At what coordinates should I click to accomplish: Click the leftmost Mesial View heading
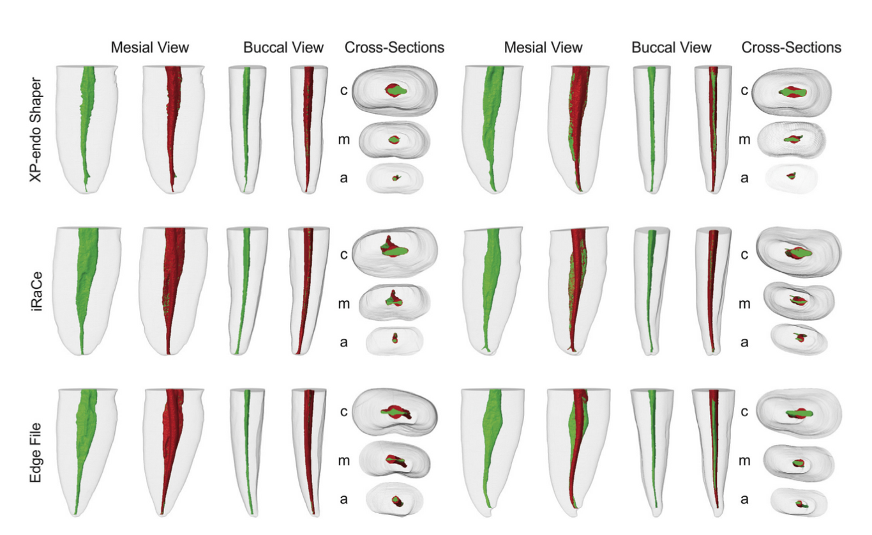(x=149, y=47)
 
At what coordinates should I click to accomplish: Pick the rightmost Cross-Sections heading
(x=791, y=47)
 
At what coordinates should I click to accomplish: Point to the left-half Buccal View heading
(x=283, y=47)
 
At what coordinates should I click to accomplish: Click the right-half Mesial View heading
(x=543, y=47)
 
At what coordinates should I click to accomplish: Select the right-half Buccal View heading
(x=671, y=47)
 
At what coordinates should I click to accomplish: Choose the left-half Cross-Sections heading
(x=394, y=47)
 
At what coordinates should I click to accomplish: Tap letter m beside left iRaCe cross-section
(x=343, y=303)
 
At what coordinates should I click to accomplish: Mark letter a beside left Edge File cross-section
(x=343, y=499)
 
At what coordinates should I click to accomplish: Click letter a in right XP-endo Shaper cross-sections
(x=744, y=178)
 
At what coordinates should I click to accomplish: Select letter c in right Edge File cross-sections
(x=744, y=412)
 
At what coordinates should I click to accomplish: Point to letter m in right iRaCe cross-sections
(x=744, y=304)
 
